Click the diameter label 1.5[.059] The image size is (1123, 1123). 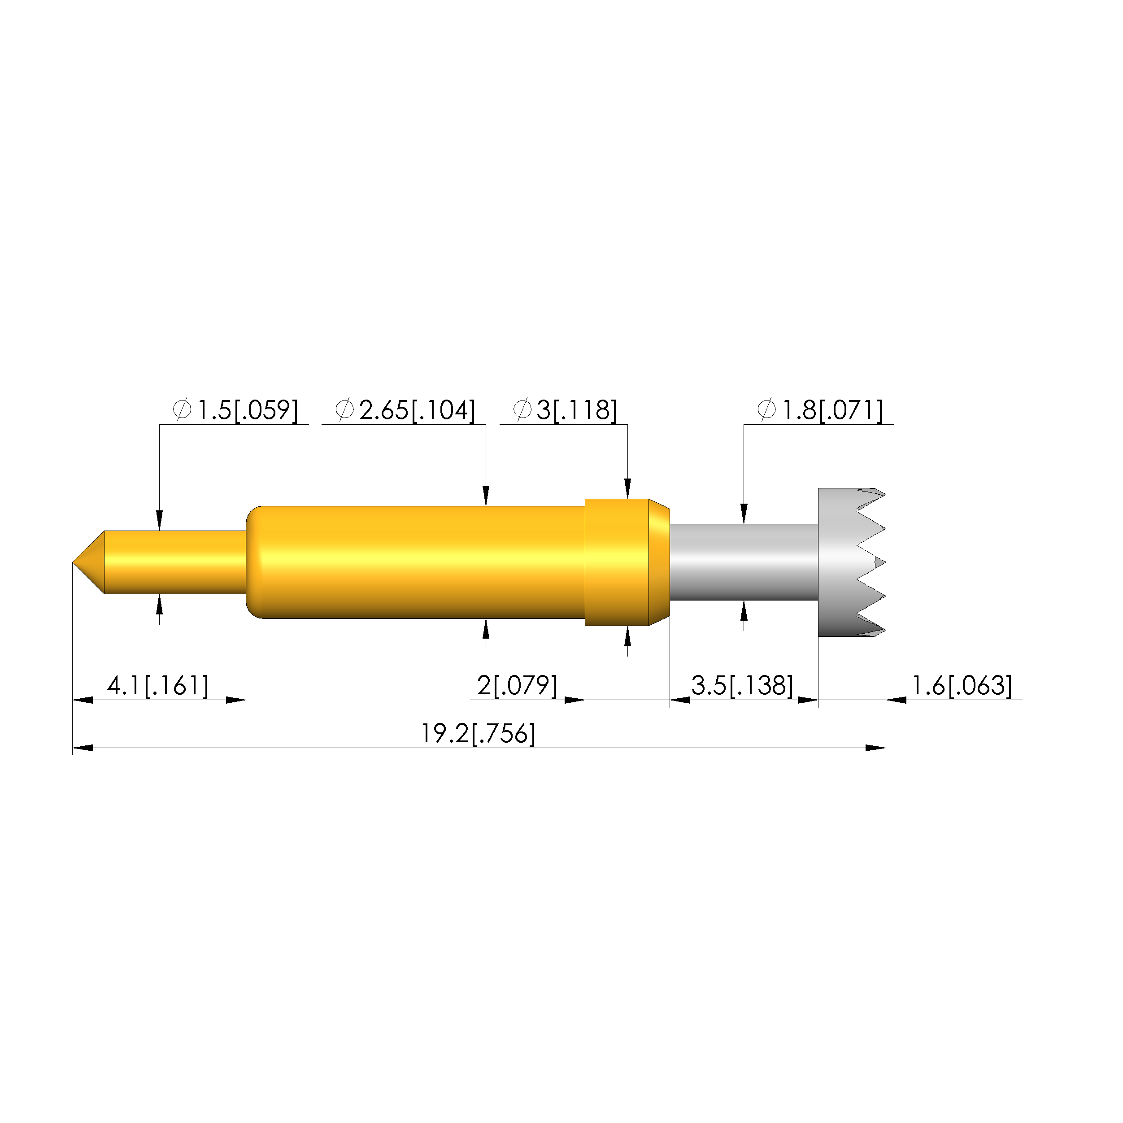(x=248, y=410)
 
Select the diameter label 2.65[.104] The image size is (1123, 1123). (x=417, y=410)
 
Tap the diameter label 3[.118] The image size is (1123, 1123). (x=576, y=410)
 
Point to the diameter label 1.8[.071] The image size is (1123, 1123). (x=832, y=410)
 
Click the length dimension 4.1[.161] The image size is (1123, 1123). (x=157, y=686)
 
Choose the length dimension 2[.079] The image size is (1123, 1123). (x=517, y=686)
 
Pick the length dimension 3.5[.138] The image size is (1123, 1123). (x=742, y=686)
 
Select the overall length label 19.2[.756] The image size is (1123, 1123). (x=478, y=734)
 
